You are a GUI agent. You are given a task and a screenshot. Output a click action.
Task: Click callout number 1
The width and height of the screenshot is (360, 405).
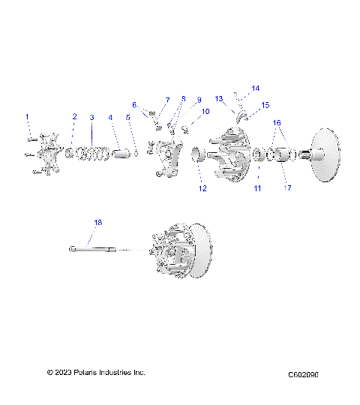[x=28, y=117]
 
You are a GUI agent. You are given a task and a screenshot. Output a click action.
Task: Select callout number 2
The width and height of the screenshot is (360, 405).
[x=74, y=117]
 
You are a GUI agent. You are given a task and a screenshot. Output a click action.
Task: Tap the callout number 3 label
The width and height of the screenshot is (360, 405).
[x=91, y=118]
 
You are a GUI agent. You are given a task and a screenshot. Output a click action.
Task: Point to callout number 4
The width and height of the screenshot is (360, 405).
[x=111, y=118]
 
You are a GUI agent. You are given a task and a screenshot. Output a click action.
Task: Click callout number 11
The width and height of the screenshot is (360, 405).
[x=256, y=189]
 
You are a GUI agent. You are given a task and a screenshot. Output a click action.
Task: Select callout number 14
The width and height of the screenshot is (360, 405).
[x=256, y=88]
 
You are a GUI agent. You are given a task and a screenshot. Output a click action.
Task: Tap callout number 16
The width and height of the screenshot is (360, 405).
[x=277, y=121]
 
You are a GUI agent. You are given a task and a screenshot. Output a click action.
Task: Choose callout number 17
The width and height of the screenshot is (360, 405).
[x=287, y=188]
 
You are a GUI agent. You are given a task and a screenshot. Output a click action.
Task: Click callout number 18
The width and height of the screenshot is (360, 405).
[x=97, y=222]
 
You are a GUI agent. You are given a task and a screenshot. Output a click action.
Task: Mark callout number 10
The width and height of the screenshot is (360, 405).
[x=205, y=112]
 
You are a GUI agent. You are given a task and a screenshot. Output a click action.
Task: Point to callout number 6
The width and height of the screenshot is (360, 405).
[x=135, y=104]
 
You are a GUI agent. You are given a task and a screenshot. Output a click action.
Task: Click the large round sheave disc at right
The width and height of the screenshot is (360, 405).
[x=332, y=156]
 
